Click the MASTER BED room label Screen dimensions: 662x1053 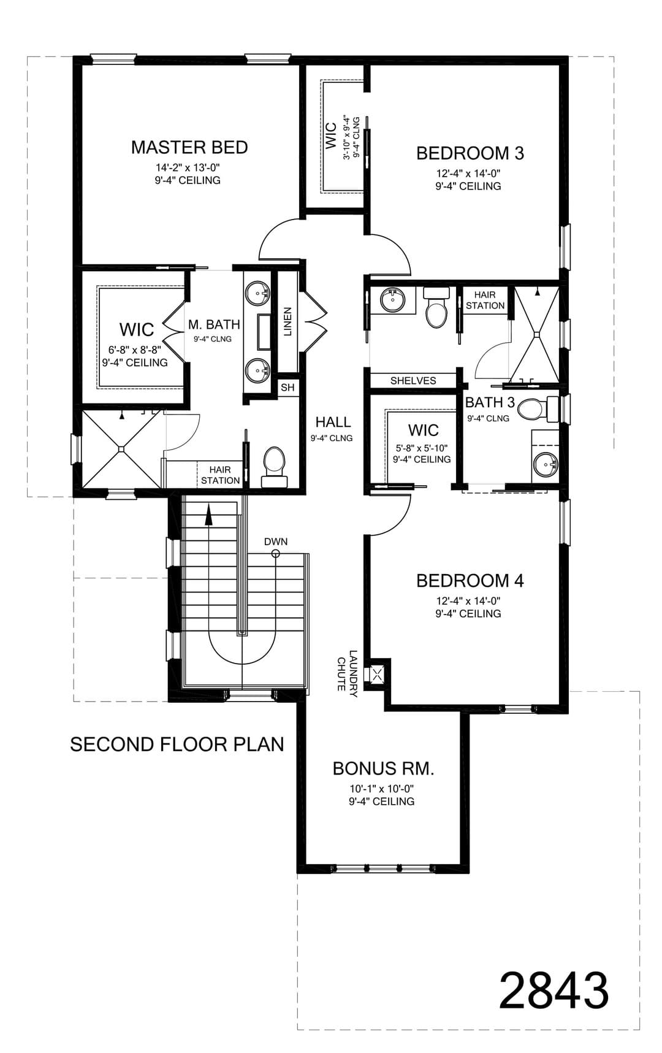[x=189, y=147]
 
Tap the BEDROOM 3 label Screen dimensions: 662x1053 [x=470, y=153]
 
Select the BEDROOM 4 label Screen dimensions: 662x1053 [x=470, y=580]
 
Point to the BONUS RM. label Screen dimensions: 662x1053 [x=383, y=768]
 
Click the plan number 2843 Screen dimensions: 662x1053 [x=554, y=990]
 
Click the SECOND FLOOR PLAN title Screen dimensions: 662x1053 [x=177, y=744]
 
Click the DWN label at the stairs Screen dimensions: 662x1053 [x=276, y=542]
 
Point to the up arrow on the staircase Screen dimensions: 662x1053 [x=208, y=514]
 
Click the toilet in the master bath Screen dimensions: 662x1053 [x=274, y=467]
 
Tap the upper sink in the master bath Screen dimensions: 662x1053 [x=257, y=291]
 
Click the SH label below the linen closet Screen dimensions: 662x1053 [x=287, y=388]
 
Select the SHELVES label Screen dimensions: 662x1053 [x=413, y=380]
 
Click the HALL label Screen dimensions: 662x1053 [x=333, y=422]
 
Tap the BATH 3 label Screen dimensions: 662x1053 [x=490, y=402]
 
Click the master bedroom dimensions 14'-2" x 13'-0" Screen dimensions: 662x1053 [x=188, y=167]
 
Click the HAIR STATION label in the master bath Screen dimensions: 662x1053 [x=220, y=475]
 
